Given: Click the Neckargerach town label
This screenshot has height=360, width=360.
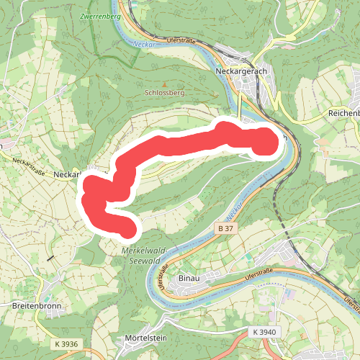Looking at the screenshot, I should pyautogui.click(x=242, y=72).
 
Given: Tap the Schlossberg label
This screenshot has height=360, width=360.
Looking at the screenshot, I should pyautogui.click(x=164, y=93).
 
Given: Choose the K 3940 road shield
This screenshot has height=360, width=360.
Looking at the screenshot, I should pyautogui.click(x=265, y=332).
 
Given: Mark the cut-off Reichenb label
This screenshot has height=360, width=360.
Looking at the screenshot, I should pyautogui.click(x=343, y=114).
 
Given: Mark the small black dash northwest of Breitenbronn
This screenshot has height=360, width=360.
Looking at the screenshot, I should pyautogui.click(x=50, y=258).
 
